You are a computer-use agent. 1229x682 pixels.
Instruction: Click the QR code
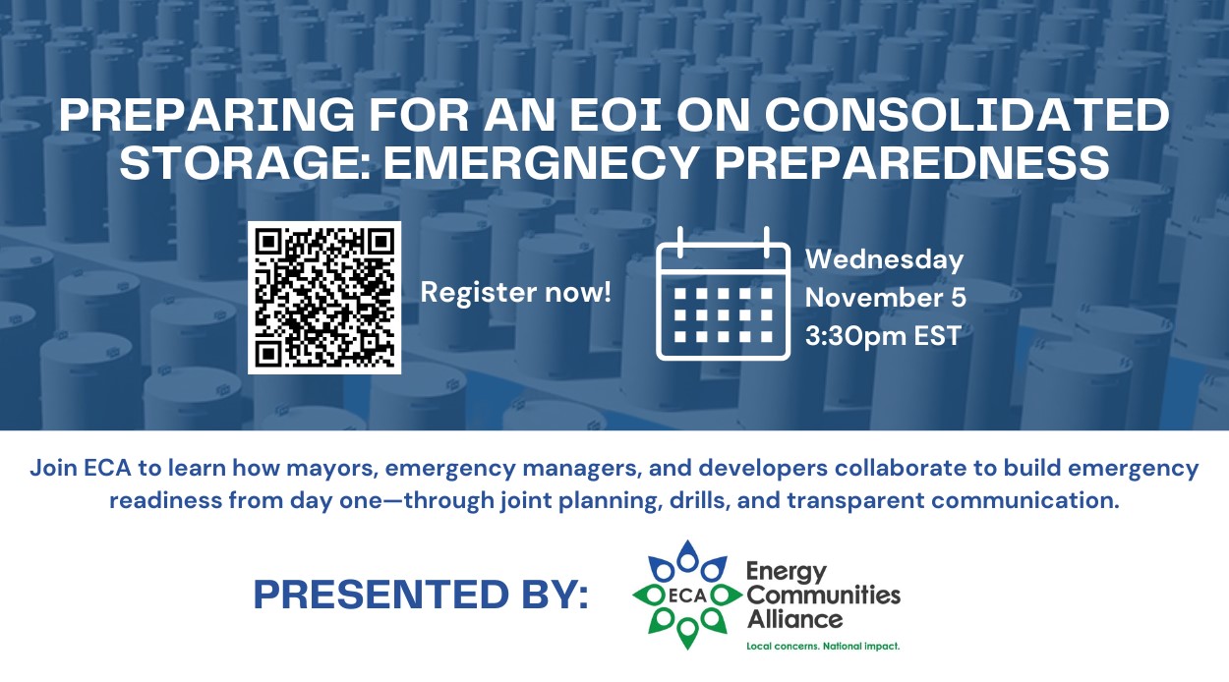click(324, 298)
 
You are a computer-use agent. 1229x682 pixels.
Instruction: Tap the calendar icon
click(723, 294)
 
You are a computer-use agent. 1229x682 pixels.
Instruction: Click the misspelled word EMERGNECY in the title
click(540, 162)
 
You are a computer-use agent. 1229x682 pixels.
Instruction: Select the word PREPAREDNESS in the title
click(911, 162)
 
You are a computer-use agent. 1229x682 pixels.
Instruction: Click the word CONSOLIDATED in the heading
click(966, 115)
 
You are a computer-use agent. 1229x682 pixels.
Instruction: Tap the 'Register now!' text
click(516, 292)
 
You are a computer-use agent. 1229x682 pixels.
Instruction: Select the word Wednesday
click(885, 259)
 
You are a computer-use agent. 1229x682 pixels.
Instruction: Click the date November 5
click(886, 298)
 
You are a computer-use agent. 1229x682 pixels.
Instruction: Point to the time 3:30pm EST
click(883, 335)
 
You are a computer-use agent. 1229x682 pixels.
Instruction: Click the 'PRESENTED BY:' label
click(421, 595)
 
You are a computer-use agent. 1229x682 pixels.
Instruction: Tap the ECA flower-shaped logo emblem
click(687, 595)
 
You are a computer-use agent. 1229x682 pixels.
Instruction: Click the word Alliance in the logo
click(795, 619)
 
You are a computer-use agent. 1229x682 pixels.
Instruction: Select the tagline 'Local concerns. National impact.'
click(823, 647)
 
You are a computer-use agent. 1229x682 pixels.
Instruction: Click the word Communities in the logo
click(824, 596)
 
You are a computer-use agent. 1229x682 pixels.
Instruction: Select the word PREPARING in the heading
click(206, 115)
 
